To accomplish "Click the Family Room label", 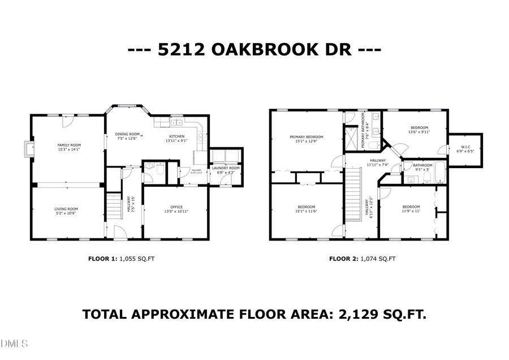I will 69,145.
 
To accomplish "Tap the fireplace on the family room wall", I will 27,148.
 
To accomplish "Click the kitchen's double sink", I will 175,122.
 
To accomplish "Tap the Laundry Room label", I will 226,168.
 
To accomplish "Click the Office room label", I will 176,207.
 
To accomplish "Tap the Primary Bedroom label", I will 307,137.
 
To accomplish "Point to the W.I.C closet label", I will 465,147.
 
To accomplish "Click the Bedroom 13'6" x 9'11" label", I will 419,127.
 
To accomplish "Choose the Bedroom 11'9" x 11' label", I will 411,207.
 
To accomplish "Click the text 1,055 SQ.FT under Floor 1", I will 137,259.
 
